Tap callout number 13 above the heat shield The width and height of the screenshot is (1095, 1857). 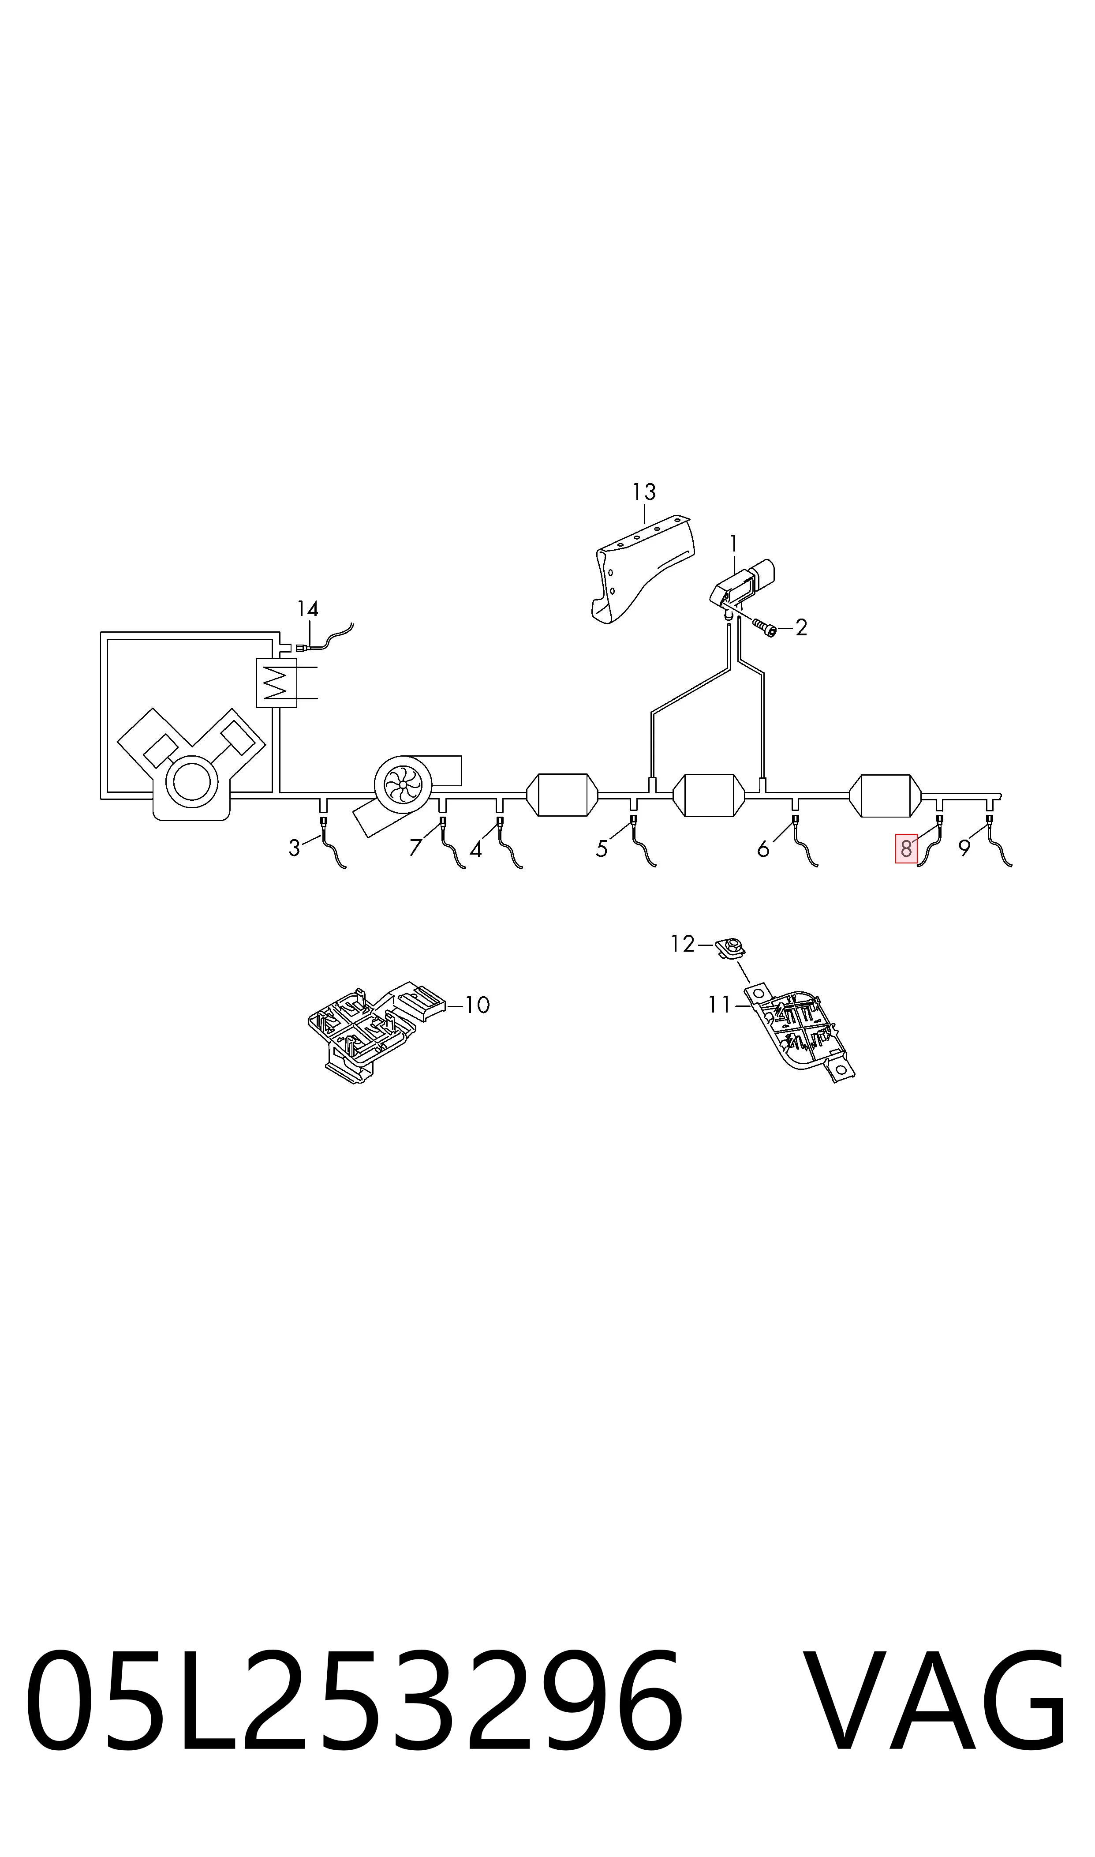644,491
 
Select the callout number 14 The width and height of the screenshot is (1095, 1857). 308,609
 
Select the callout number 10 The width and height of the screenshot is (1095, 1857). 478,1005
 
